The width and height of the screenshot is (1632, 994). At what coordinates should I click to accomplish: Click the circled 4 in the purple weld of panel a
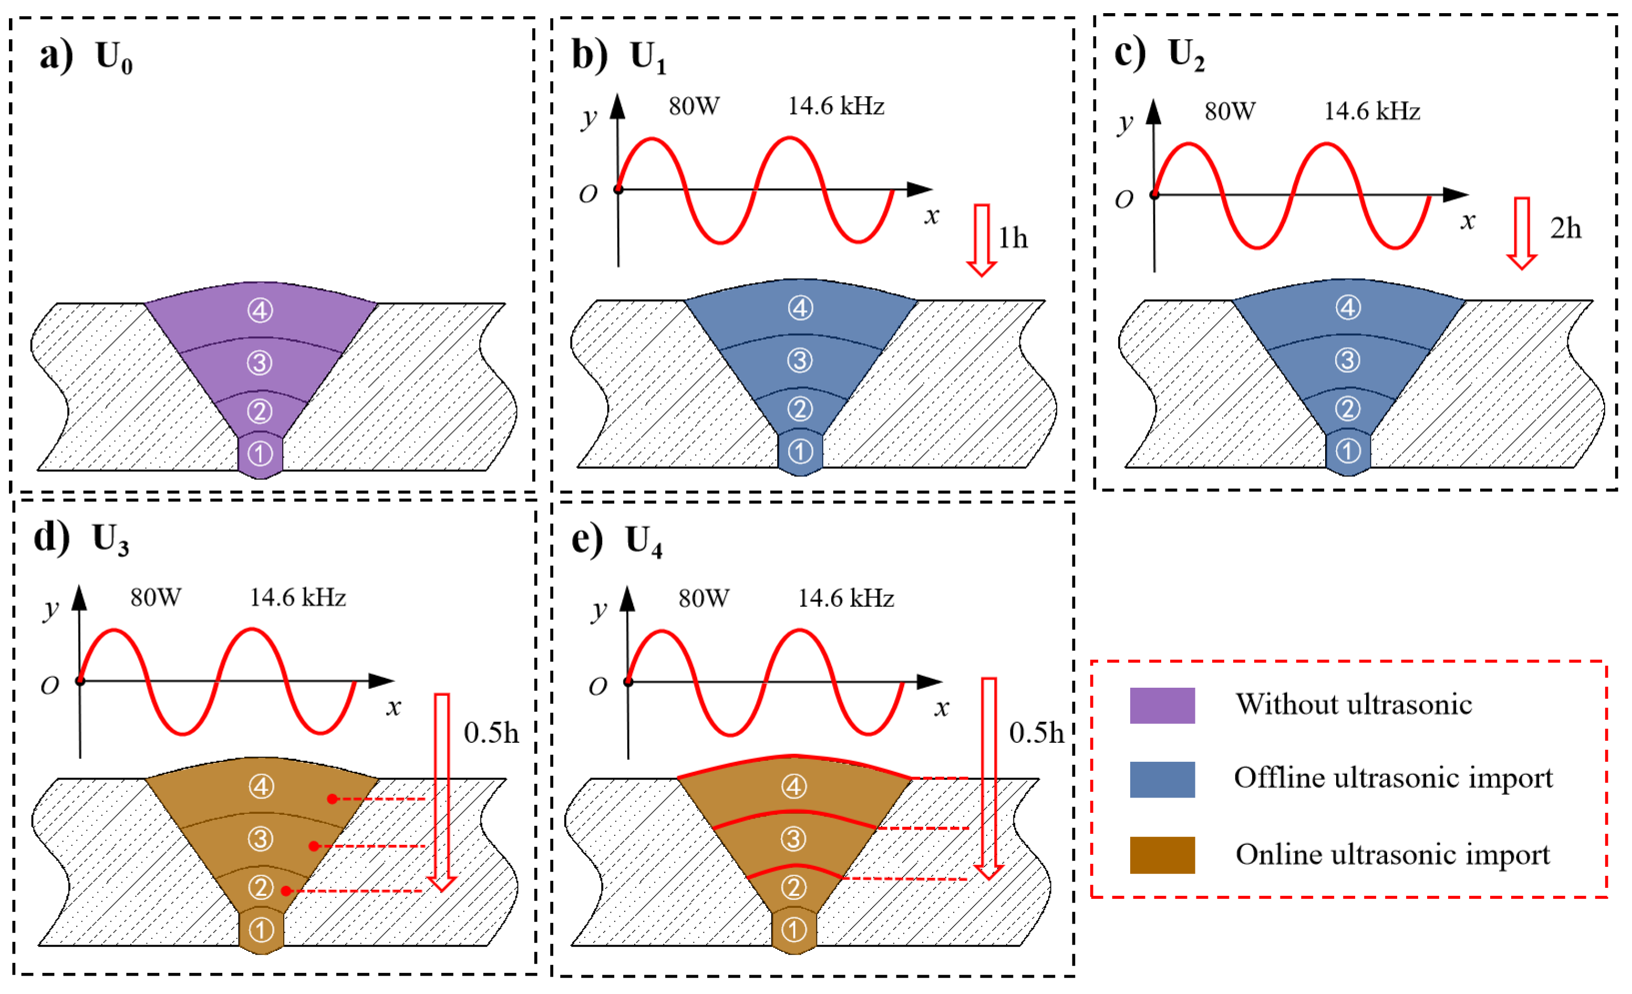pos(260,310)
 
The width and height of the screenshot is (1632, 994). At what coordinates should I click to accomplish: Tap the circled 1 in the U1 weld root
pos(800,452)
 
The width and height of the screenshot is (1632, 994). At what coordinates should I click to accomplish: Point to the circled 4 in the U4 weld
pos(793,786)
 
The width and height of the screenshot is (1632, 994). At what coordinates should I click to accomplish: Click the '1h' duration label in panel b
pos(1013,239)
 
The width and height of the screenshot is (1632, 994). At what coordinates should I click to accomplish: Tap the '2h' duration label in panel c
pos(1565,229)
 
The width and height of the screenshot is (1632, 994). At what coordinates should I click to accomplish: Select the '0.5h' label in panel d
pos(491,733)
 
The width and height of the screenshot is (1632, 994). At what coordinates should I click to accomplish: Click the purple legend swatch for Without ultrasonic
pos(1162,705)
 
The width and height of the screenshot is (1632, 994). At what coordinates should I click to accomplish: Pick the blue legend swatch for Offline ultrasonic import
pos(1162,780)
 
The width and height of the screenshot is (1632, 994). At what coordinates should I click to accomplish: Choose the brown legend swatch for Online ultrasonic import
pos(1162,855)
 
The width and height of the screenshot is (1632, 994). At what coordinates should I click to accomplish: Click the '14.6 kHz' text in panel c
pos(1372,111)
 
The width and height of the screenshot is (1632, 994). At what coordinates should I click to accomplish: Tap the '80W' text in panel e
pos(704,598)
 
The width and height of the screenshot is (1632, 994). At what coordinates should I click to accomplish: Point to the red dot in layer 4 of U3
pos(332,799)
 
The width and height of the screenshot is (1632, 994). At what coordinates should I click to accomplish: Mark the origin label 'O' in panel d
pos(50,686)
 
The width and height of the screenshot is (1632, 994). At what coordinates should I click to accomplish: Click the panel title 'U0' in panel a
pos(114,57)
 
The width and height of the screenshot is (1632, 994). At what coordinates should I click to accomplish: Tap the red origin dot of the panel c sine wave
pos(1154,195)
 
